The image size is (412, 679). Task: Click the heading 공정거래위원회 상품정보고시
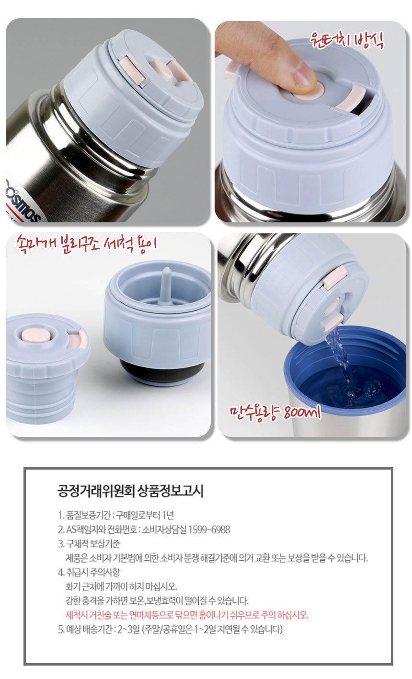click(130, 491)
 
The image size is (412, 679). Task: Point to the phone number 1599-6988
click(209, 529)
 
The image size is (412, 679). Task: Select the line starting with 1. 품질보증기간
click(116, 515)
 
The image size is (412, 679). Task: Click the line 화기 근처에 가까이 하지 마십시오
click(121, 586)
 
